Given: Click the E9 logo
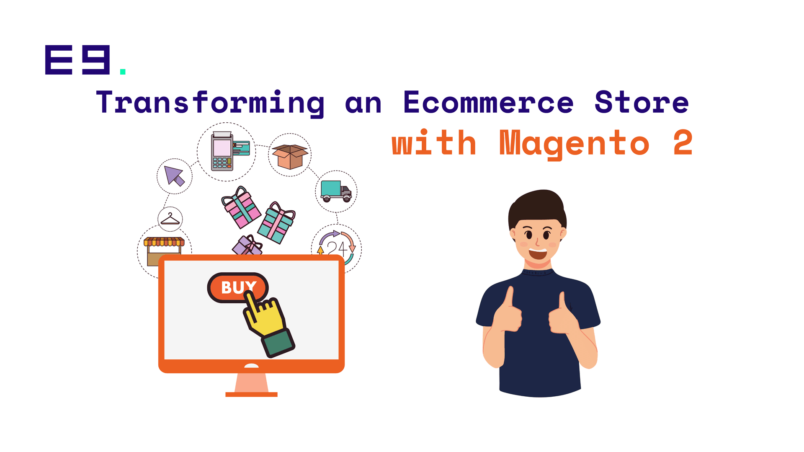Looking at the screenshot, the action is [77, 60].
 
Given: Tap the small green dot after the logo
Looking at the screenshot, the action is [123, 72].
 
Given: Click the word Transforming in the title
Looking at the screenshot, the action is [210, 103].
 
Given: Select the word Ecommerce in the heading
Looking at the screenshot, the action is [488, 102].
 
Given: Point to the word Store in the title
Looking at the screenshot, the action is [642, 102].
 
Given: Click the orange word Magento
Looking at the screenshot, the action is [574, 144].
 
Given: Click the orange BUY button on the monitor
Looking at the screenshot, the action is [237, 287].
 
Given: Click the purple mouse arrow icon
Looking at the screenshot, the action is [174, 176].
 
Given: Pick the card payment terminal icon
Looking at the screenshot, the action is [230, 151].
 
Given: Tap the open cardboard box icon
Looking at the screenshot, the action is [290, 156].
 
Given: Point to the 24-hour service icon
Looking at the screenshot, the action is [337, 248].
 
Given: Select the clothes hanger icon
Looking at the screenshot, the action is [170, 219].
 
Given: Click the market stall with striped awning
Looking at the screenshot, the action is [164, 251].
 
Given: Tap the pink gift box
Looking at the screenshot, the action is [241, 207].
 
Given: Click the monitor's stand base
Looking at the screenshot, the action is [251, 394].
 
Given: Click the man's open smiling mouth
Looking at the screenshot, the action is [538, 253].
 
